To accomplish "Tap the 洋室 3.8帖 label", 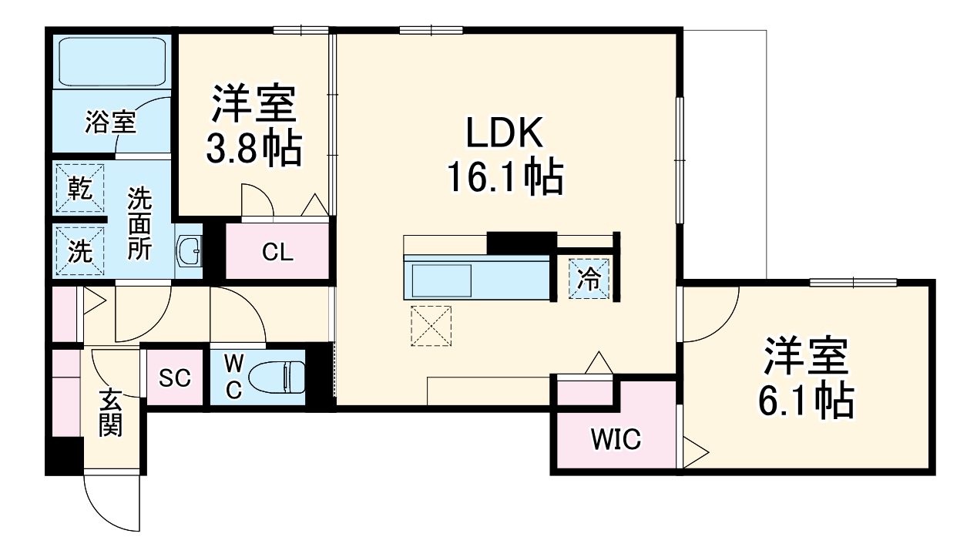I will click(x=253, y=128).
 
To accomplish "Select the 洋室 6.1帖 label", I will click(x=807, y=377).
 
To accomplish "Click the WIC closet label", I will click(x=616, y=440).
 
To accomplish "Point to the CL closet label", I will click(x=277, y=252).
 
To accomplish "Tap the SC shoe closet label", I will click(x=175, y=378).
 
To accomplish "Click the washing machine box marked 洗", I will click(x=80, y=250).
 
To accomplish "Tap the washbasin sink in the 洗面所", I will click(x=189, y=250).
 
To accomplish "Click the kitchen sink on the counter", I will click(x=441, y=280).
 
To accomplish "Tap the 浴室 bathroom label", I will click(x=111, y=122).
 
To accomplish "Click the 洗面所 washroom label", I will click(x=139, y=223).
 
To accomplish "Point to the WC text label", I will click(x=233, y=376).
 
